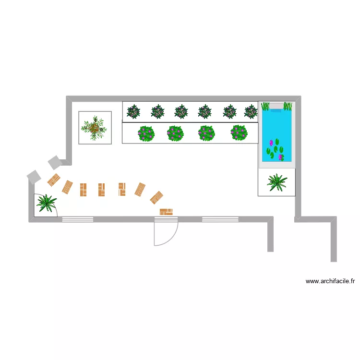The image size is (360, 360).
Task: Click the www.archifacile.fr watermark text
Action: [x=330, y=281]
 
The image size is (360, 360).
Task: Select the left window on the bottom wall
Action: [x=78, y=219]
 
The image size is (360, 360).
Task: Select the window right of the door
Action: [x=220, y=219]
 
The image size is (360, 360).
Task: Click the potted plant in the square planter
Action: [x=95, y=128]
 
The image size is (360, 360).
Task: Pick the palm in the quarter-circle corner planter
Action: [x=46, y=203]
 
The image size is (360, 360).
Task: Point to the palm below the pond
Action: [x=277, y=182]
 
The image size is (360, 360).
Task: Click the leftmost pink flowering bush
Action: [x=146, y=133]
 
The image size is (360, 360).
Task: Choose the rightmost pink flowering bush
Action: [x=239, y=133]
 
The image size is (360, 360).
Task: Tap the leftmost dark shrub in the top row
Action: [x=133, y=112]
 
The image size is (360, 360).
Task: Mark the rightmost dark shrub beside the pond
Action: [x=251, y=112]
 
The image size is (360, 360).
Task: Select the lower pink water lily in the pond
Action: [x=281, y=157]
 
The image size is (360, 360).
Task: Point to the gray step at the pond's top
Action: [x=276, y=106]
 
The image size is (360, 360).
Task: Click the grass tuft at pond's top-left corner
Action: [x=265, y=106]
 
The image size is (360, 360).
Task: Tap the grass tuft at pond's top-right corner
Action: [x=288, y=106]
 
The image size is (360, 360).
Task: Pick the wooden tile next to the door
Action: [x=166, y=211]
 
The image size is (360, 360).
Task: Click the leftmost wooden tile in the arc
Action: [x=53, y=180]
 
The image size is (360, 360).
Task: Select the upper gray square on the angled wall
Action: [x=54, y=163]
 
